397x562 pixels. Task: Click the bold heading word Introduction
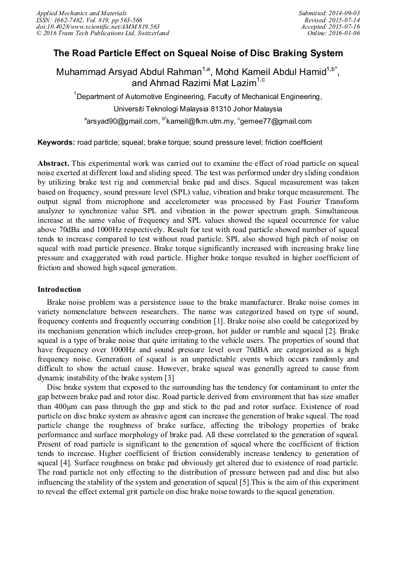pyautogui.click(x=59, y=289)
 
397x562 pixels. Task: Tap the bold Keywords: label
pyautogui.click(x=56, y=142)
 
